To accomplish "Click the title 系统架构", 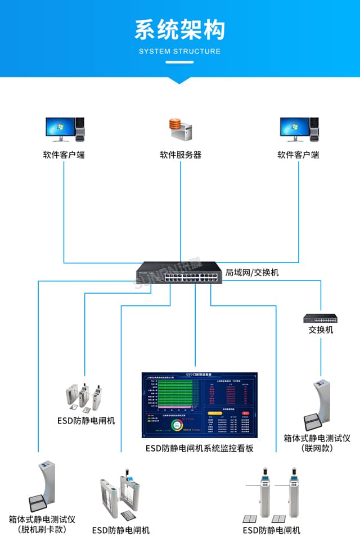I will click(179, 29).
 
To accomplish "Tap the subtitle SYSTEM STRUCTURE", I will click(179, 52).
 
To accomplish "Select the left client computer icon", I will click(64, 130).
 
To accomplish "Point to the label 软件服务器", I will click(181, 155).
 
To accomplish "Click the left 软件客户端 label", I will click(64, 155).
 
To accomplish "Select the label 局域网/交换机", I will click(252, 273).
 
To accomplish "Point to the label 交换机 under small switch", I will click(321, 330).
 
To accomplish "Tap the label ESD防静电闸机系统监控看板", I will click(200, 448).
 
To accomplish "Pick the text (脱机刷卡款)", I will click(42, 529).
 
